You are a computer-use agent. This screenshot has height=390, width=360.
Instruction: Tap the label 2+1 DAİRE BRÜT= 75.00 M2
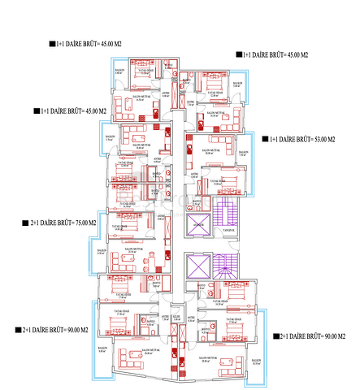tap(60, 222)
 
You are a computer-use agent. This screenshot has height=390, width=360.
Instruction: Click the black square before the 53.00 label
tap(264, 140)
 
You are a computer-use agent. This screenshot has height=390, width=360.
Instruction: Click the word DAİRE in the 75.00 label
tap(46, 222)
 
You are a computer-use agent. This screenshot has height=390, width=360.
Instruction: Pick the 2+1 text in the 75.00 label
tap(34, 222)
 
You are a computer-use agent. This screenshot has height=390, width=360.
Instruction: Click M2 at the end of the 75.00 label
tap(90, 222)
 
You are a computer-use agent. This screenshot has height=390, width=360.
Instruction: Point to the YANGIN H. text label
tap(228, 231)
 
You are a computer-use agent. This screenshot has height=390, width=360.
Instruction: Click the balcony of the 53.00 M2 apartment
tap(243, 154)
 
